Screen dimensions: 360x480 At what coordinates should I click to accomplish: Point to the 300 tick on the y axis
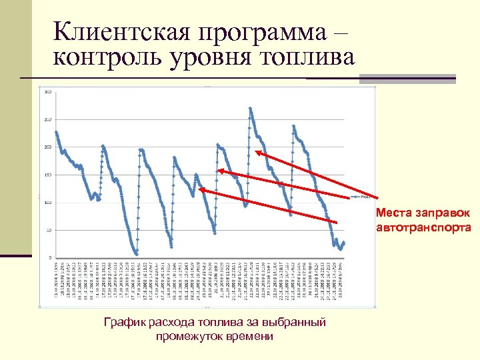coord(47,92)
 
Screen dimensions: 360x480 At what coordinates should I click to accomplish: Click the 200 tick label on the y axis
coord(47,147)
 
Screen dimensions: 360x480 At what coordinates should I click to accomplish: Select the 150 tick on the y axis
coord(47,175)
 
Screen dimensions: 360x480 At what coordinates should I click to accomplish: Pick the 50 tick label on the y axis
coord(49,230)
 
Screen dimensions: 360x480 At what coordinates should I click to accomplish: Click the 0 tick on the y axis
coord(50,257)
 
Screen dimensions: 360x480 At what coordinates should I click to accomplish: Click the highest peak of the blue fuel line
coord(250,108)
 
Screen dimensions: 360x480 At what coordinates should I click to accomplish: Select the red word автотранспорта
coord(423,227)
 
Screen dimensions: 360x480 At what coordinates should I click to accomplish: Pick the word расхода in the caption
coord(167,323)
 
